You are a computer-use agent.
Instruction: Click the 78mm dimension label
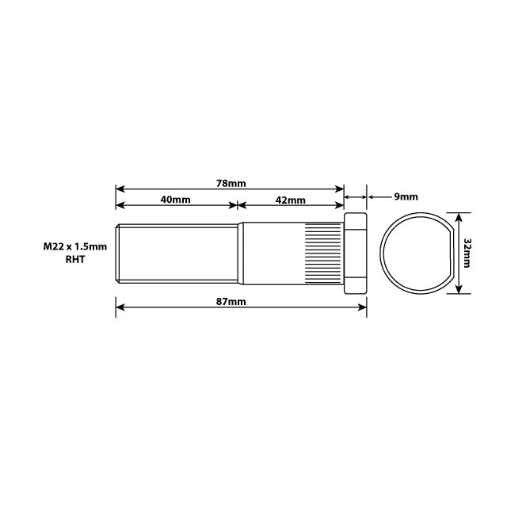tap(231, 183)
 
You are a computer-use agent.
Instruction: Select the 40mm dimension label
tap(175, 200)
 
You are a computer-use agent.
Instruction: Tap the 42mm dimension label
tap(291, 200)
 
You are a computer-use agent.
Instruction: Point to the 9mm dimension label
tap(406, 196)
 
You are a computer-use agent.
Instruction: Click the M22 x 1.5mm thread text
tap(74, 247)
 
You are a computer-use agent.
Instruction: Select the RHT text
tap(74, 259)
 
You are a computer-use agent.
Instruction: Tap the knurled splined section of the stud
tap(322, 253)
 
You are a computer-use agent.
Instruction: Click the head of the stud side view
tap(355, 253)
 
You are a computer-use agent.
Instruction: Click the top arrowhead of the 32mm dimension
tap(456, 215)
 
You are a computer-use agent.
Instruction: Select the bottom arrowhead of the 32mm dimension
tap(456, 290)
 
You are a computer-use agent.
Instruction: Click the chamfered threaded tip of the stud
tap(119, 253)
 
